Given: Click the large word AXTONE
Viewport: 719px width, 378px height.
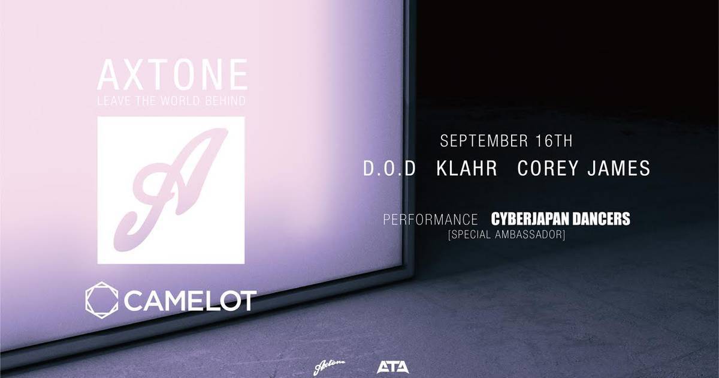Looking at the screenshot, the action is click(x=173, y=74).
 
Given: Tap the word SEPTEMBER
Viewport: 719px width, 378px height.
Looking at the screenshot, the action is click(x=484, y=141).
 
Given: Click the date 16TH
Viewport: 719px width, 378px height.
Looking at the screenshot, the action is click(x=554, y=141).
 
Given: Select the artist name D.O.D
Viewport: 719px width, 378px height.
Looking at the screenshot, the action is click(x=389, y=168).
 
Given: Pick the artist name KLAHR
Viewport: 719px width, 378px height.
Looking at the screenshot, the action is click(x=467, y=168).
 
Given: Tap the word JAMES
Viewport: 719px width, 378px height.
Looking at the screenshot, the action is click(x=619, y=168).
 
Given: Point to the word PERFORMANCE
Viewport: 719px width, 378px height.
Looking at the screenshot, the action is click(x=430, y=220).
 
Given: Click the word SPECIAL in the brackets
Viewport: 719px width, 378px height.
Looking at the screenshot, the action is click(x=470, y=235).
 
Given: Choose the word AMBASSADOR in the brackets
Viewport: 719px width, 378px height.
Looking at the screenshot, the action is click(x=530, y=235).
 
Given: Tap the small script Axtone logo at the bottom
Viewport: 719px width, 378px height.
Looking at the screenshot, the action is click(x=329, y=368).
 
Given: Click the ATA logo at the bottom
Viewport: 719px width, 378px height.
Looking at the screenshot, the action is click(x=392, y=367).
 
